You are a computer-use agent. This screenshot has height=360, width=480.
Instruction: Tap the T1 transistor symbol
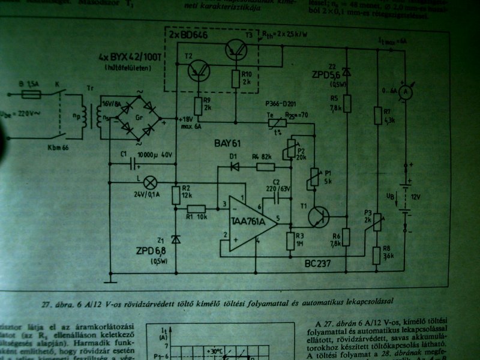click(317, 215)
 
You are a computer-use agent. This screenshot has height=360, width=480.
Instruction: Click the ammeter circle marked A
click(404, 91)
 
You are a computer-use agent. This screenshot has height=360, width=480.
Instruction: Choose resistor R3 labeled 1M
click(290, 241)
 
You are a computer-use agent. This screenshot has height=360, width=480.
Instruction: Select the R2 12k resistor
click(175, 194)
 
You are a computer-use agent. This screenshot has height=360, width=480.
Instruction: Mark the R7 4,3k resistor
click(377, 116)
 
